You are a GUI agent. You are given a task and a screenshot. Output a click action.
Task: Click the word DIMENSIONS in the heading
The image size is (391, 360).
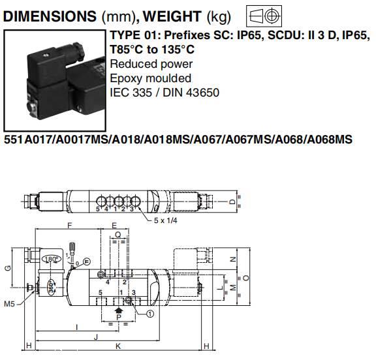click(50, 16)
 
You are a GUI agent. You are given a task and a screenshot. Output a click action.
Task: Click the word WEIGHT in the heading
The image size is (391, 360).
click(172, 16)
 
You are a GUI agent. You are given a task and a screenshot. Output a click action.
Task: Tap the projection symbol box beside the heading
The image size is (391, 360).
click(264, 16)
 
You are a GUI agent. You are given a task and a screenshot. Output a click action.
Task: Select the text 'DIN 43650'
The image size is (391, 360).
click(191, 93)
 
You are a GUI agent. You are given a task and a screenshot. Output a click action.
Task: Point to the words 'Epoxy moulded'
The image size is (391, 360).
click(151, 79)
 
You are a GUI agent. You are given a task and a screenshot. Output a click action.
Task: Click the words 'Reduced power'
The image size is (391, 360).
click(151, 65)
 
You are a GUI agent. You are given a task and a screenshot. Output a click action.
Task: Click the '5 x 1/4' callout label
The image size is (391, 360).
click(166, 220)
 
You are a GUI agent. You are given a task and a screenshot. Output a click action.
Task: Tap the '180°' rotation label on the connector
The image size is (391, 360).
click(52, 259)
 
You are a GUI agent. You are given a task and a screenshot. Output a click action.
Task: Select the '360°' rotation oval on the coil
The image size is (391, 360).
click(52, 287)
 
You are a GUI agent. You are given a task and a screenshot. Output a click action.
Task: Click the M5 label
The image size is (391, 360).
click(10, 304)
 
